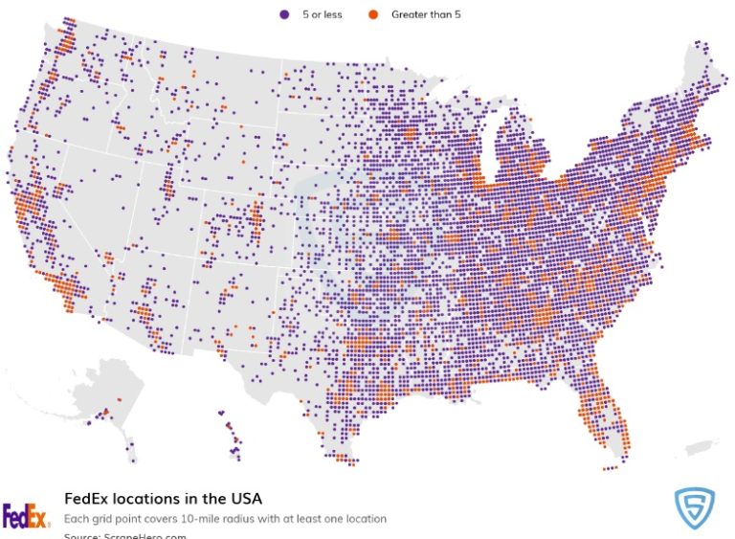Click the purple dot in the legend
point(284,14)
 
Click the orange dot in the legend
point(372,14)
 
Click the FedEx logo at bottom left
point(26,517)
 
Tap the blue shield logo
point(694,508)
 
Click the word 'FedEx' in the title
point(83,499)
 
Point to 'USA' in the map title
point(244,499)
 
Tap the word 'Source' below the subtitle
point(82,535)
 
